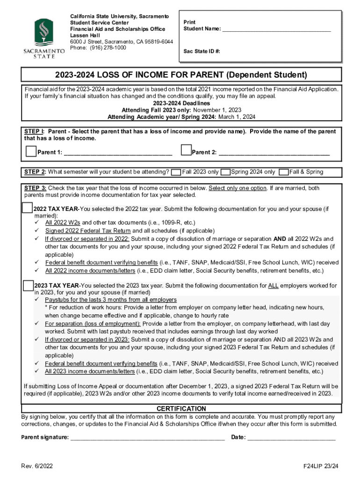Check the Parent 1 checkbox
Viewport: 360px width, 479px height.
pyautogui.click(x=31, y=151)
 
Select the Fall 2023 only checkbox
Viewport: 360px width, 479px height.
pyautogui.click(x=176, y=172)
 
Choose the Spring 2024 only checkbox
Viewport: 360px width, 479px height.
pyautogui.click(x=225, y=172)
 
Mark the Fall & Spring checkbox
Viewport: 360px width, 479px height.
pyautogui.click(x=283, y=172)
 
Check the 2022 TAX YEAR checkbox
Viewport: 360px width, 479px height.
pyautogui.click(x=28, y=208)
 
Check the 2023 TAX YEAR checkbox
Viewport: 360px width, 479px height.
pyautogui.click(x=28, y=285)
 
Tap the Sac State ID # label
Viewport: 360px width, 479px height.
pyautogui.click(x=202, y=51)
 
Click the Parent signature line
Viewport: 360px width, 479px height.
pyautogui.click(x=147, y=438)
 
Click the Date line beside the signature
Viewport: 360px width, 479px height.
pyautogui.click(x=291, y=438)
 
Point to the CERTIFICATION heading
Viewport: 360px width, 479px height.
pyautogui.click(x=181, y=409)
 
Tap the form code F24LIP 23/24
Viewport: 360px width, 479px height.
pyautogui.click(x=320, y=466)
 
